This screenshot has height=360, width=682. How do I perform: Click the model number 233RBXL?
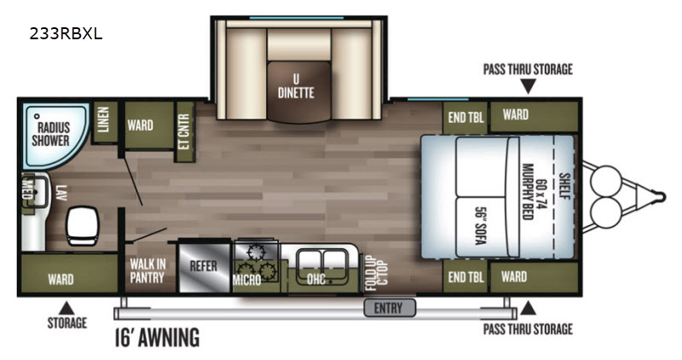[x=66, y=33]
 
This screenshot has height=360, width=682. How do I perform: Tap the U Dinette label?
[x=296, y=86]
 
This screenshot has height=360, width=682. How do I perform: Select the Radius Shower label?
[x=51, y=134]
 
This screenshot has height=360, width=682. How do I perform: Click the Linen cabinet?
[x=104, y=122]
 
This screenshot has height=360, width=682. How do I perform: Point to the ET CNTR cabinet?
[x=184, y=131]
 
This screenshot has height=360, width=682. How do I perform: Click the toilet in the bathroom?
[x=82, y=225]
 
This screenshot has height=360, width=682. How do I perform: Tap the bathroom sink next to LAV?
[x=37, y=192]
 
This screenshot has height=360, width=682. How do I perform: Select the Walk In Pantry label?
[x=147, y=270]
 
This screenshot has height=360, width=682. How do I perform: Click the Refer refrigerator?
[x=204, y=266]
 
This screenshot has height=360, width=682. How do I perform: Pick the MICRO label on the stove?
[x=246, y=279]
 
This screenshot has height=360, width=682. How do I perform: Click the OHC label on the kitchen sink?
[x=316, y=279]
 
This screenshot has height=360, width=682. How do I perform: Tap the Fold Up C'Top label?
[x=376, y=273]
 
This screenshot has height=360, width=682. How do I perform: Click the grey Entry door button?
[x=390, y=308]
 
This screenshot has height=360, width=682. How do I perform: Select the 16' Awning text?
[x=158, y=337]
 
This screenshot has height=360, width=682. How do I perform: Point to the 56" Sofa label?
[x=480, y=226]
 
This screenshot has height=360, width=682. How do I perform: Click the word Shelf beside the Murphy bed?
[x=564, y=186]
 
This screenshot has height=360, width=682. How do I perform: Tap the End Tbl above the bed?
[x=465, y=117]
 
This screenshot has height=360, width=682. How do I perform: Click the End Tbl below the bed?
[x=465, y=277]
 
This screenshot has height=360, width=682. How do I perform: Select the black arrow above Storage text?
[x=66, y=308]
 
